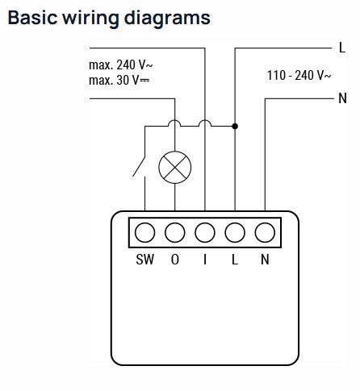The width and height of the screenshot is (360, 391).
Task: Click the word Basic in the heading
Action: pyautogui.click(x=33, y=18)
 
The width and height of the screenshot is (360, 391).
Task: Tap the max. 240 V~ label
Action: pyautogui.click(x=121, y=64)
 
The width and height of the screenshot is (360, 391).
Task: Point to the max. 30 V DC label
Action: pyautogui.click(x=119, y=80)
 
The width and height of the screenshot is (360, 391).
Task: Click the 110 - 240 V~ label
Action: pyautogui.click(x=299, y=75)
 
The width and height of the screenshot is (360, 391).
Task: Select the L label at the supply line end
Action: pyautogui.click(x=342, y=48)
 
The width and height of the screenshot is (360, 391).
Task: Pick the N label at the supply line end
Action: pyautogui.click(x=342, y=98)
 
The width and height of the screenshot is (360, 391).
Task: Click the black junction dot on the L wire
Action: pyautogui.click(x=235, y=126)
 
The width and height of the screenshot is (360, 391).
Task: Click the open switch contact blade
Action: pyautogui.click(x=139, y=167)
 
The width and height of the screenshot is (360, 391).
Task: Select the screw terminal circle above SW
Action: pyautogui.click(x=144, y=232)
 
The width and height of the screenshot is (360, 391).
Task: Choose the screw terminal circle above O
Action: pyautogui.click(x=175, y=232)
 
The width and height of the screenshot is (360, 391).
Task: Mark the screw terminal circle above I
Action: pyautogui.click(x=205, y=232)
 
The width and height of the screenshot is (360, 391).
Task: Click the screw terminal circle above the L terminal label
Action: pyautogui.click(x=235, y=232)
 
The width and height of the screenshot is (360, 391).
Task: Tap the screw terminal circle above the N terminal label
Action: pyautogui.click(x=265, y=232)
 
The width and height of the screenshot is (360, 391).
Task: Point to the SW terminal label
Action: pyautogui.click(x=145, y=260)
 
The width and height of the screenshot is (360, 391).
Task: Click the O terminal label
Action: pyautogui.click(x=175, y=260)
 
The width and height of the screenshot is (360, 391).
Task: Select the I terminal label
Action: pyautogui.click(x=205, y=260)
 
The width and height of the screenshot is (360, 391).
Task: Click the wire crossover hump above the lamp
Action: pyautogui.click(x=174, y=120)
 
